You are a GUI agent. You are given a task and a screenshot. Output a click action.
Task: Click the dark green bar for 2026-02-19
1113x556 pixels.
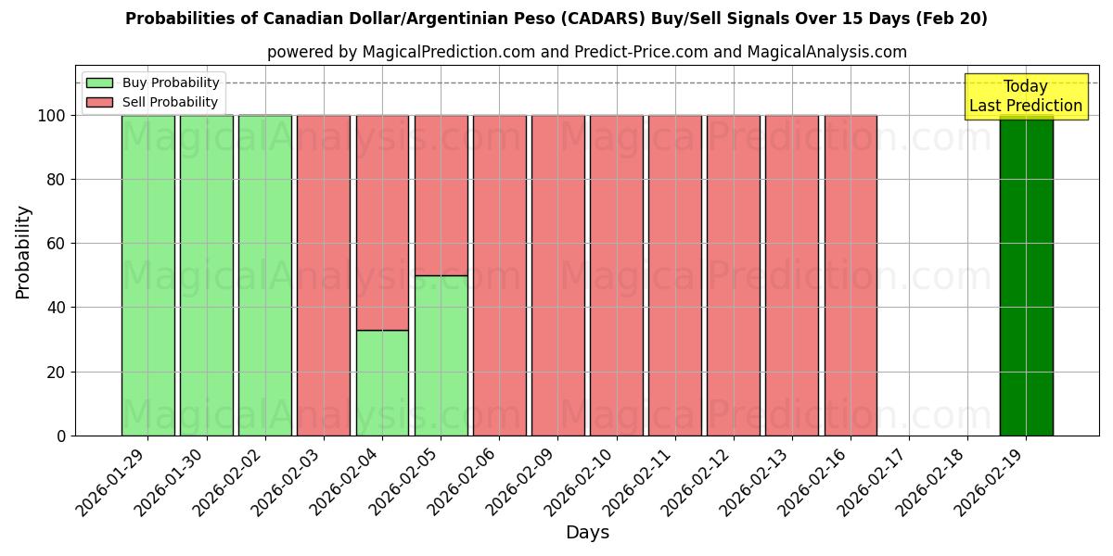[1026, 275]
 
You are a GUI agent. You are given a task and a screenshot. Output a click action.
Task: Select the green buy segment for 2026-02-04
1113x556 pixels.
[382, 383]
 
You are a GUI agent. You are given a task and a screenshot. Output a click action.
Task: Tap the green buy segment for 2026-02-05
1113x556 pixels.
[441, 355]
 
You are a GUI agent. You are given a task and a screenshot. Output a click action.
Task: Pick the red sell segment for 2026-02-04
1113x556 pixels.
[382, 222]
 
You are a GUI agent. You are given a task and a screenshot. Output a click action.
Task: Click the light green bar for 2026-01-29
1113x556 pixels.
[148, 275]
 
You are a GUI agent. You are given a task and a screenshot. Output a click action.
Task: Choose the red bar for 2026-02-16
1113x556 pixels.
[851, 275]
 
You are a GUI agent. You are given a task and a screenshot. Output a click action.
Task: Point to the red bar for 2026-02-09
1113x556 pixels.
[557, 275]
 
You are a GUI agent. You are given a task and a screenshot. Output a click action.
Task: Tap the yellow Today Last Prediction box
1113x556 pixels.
[1026, 96]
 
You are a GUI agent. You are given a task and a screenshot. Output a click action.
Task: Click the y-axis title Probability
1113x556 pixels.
[23, 252]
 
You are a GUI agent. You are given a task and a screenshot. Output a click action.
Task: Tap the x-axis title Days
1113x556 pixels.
[587, 533]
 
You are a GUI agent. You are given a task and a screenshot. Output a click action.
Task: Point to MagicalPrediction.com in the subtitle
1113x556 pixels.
[445, 52]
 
